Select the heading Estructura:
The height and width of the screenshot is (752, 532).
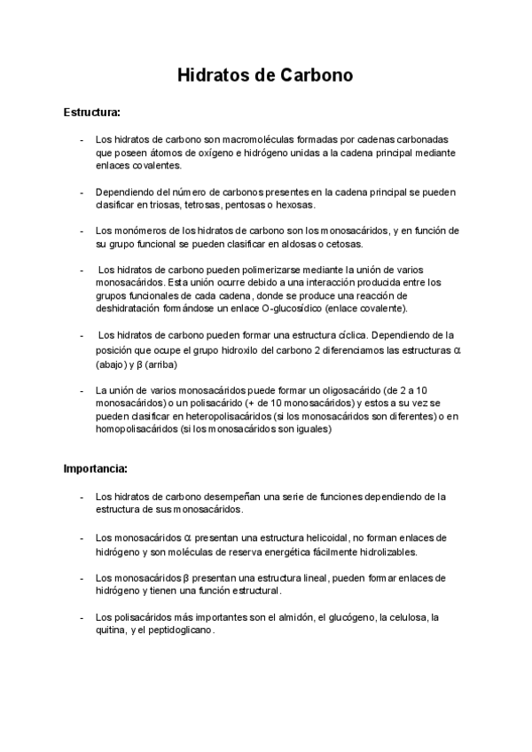91,114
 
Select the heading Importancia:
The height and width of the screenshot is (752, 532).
96,467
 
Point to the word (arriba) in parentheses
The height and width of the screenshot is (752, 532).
161,364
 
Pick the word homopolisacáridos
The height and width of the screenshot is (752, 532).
134,429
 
